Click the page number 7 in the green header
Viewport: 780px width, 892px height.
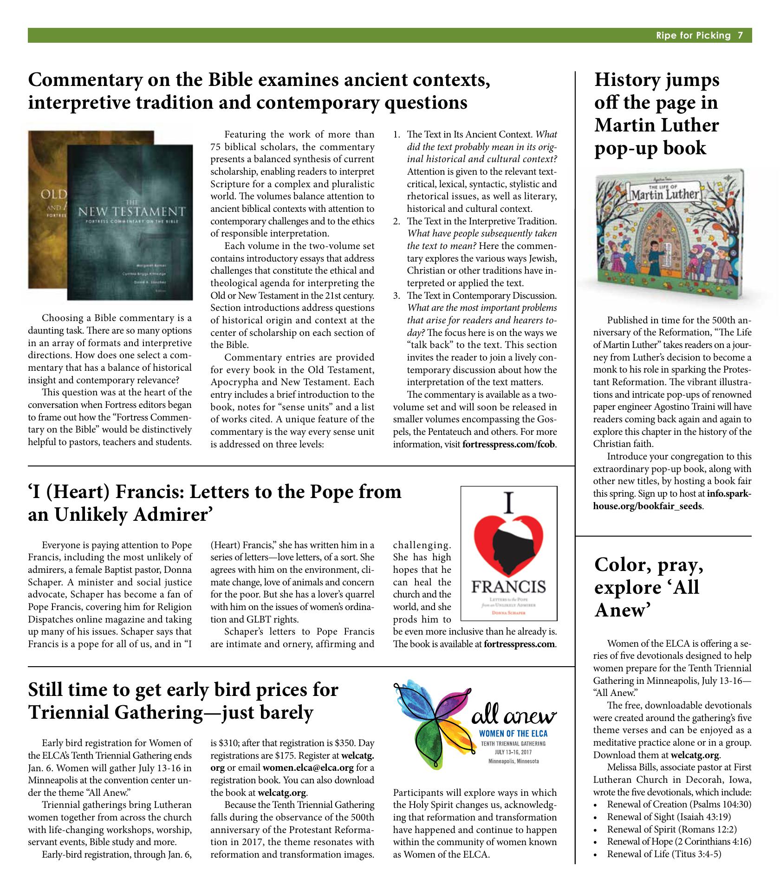pos(741,36)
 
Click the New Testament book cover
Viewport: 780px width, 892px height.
pos(130,223)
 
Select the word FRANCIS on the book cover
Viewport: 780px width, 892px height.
pos(508,587)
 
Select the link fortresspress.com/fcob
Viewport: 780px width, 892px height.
pos(508,445)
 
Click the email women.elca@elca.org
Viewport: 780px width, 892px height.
pos(308,767)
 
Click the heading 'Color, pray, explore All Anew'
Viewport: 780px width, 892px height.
pos(650,588)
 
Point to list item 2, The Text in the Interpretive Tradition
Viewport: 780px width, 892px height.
pos(481,221)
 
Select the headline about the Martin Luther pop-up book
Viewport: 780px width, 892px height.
pos(657,114)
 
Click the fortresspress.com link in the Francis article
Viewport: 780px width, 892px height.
pos(519,644)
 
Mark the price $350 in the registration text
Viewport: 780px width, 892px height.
pos(344,742)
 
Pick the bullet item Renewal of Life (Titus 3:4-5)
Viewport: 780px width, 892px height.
pos(664,854)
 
